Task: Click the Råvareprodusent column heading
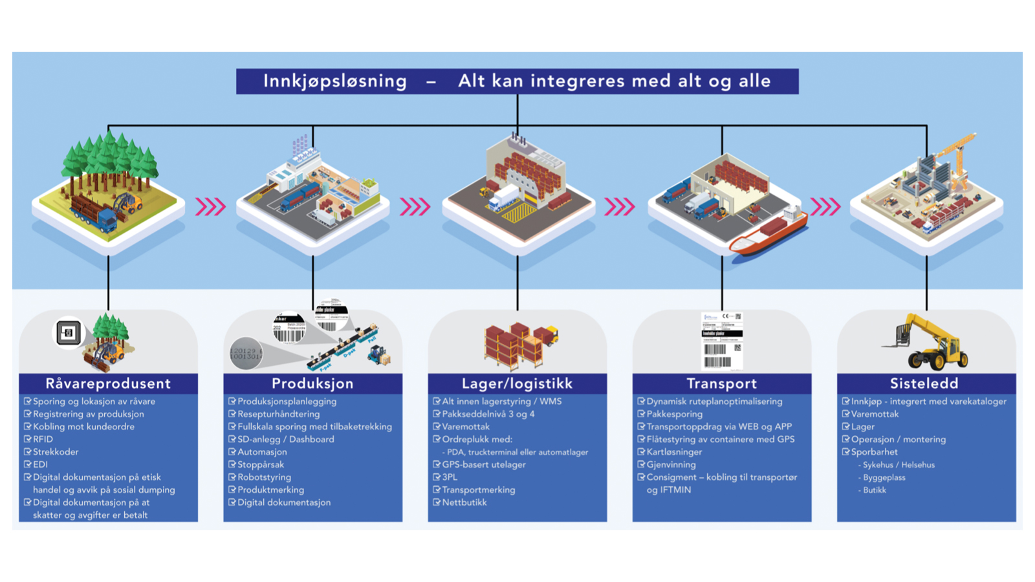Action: point(108,383)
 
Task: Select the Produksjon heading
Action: point(312,383)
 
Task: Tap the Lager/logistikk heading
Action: point(517,383)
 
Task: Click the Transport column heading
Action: point(721,383)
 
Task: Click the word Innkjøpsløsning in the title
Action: point(334,81)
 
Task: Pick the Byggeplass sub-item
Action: point(884,478)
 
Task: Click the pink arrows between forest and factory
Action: point(210,207)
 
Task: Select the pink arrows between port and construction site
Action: point(825,207)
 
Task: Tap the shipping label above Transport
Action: point(722,341)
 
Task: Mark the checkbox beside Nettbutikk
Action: point(437,502)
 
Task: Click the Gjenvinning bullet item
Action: point(671,464)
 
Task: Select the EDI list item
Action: point(40,464)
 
